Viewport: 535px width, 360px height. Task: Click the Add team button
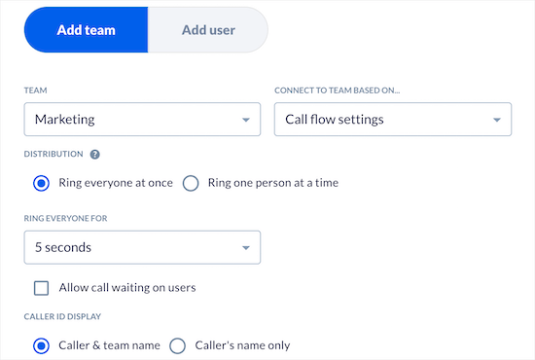87,30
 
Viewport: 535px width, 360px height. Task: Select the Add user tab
207,30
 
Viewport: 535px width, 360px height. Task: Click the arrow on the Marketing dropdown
245,121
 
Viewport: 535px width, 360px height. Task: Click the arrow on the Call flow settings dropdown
496,121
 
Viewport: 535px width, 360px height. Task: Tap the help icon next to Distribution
95,154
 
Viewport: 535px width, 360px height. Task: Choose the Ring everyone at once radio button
41,183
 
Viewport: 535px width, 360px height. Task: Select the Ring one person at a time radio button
191,183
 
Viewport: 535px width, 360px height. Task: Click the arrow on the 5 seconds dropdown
245,248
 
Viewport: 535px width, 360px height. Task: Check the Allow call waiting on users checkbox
41,288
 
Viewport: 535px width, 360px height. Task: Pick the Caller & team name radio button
41,344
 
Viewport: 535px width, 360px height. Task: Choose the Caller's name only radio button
177,344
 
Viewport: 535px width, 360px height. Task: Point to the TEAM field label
34,90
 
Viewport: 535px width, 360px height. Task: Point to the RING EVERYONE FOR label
65,218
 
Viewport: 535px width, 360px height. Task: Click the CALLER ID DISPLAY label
63,316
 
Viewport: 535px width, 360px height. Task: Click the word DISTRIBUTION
53,154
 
